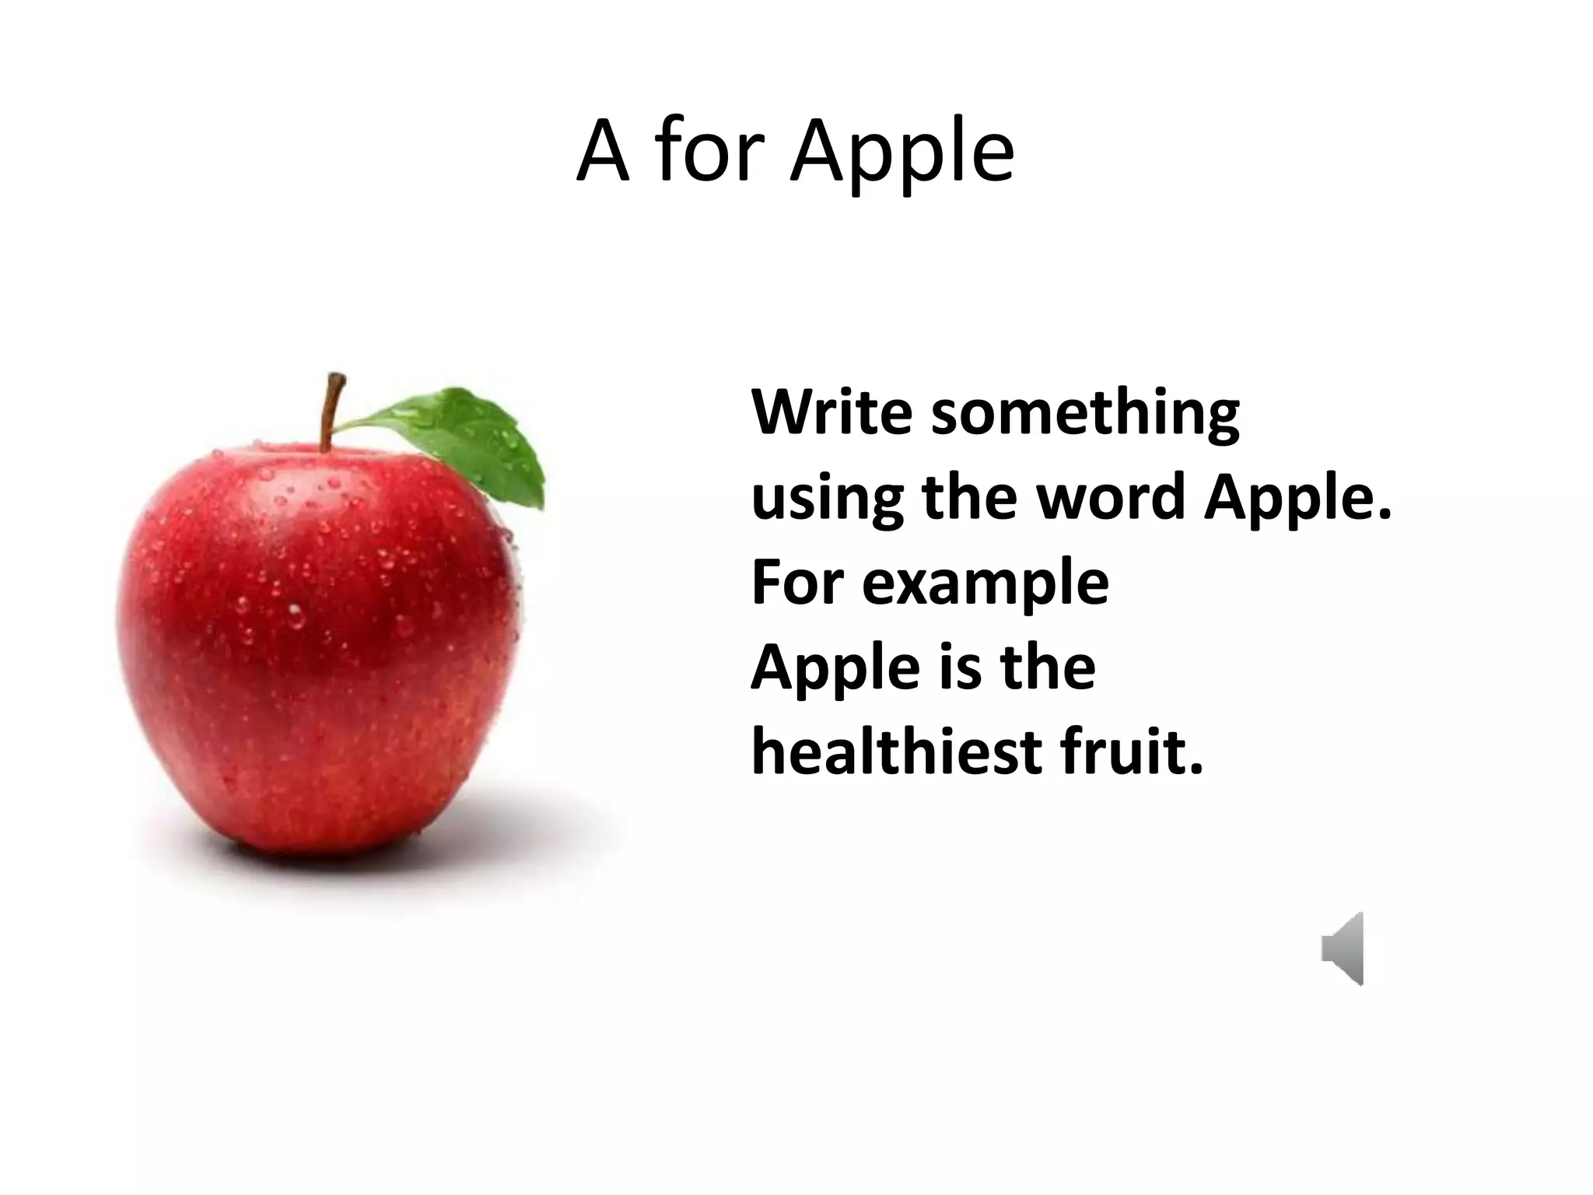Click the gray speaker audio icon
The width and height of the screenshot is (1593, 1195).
click(x=1343, y=948)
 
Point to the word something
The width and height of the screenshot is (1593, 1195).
click(x=1085, y=414)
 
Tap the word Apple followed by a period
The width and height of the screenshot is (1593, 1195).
click(x=1297, y=499)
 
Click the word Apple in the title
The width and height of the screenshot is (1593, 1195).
click(x=902, y=153)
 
